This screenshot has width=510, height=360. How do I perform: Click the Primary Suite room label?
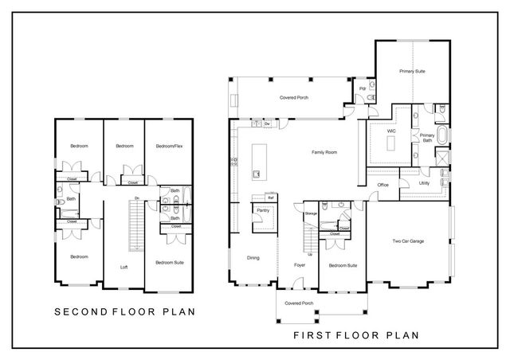click(412, 72)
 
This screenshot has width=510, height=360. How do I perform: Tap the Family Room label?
click(323, 151)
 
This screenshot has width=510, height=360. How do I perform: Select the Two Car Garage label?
click(407, 241)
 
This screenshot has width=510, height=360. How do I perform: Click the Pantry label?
click(261, 211)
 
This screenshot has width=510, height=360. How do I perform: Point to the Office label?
click(382, 186)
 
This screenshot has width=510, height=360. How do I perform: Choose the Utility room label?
click(424, 182)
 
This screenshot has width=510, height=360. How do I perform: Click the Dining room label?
click(253, 257)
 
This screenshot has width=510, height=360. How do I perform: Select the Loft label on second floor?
click(124, 267)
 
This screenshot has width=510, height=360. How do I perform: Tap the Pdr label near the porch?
click(363, 88)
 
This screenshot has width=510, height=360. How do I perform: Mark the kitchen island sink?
click(256, 172)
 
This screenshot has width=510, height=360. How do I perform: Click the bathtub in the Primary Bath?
click(442, 137)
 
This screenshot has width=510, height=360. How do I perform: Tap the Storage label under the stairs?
click(311, 213)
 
